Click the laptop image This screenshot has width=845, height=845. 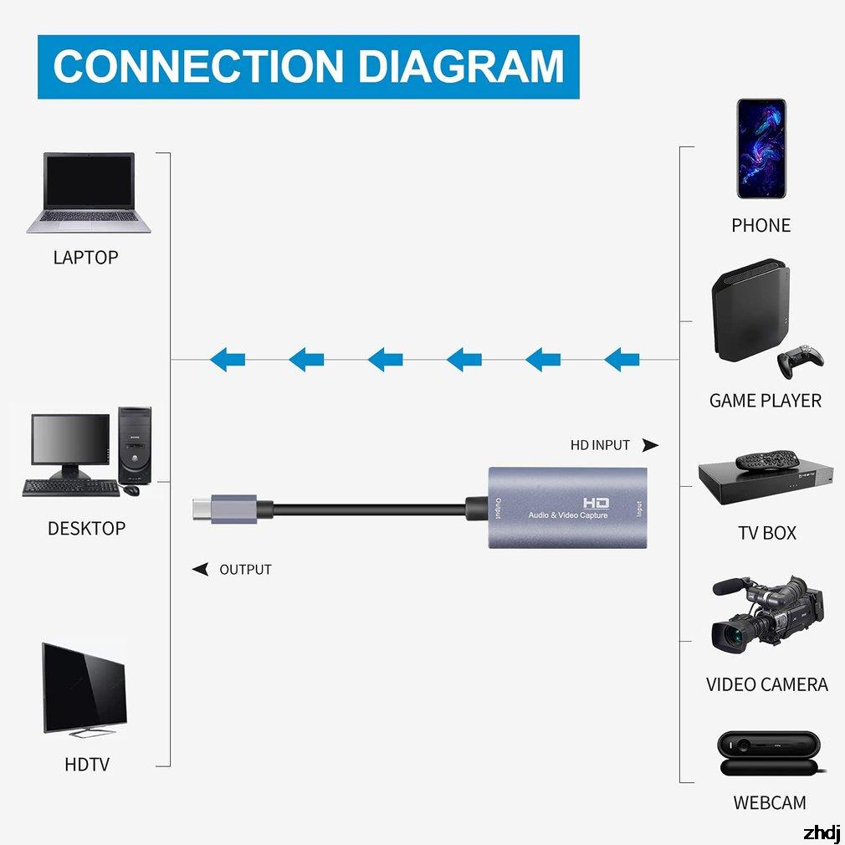click(90, 192)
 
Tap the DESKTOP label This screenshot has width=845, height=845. click(86, 529)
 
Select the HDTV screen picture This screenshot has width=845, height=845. click(84, 690)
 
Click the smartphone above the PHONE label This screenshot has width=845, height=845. click(760, 149)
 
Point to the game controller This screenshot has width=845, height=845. click(801, 361)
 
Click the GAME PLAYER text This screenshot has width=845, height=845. click(765, 401)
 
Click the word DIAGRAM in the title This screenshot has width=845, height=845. click(463, 67)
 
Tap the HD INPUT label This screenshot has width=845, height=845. click(600, 446)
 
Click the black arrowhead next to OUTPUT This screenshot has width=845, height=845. click(201, 570)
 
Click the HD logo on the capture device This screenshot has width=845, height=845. click(596, 502)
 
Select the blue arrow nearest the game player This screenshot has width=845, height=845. click(622, 360)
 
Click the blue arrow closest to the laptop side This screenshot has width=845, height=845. click(228, 360)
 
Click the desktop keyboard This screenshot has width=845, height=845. click(70, 488)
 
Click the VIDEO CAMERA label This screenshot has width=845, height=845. click(766, 685)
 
